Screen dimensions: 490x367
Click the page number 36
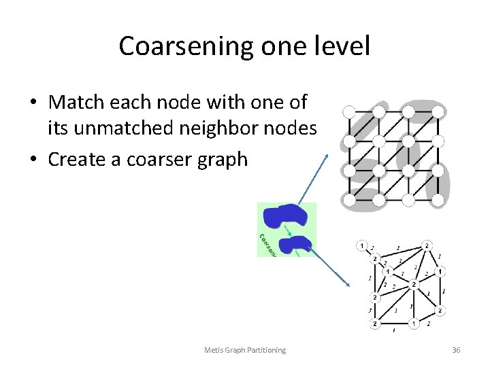(456, 349)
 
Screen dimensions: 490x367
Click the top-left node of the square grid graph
(350, 111)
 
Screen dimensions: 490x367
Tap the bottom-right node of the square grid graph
(438, 200)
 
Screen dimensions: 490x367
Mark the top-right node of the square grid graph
(438, 111)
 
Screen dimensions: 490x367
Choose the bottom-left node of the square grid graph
(350, 200)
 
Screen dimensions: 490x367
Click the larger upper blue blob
(288, 215)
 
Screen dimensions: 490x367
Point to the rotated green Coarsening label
(266, 243)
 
